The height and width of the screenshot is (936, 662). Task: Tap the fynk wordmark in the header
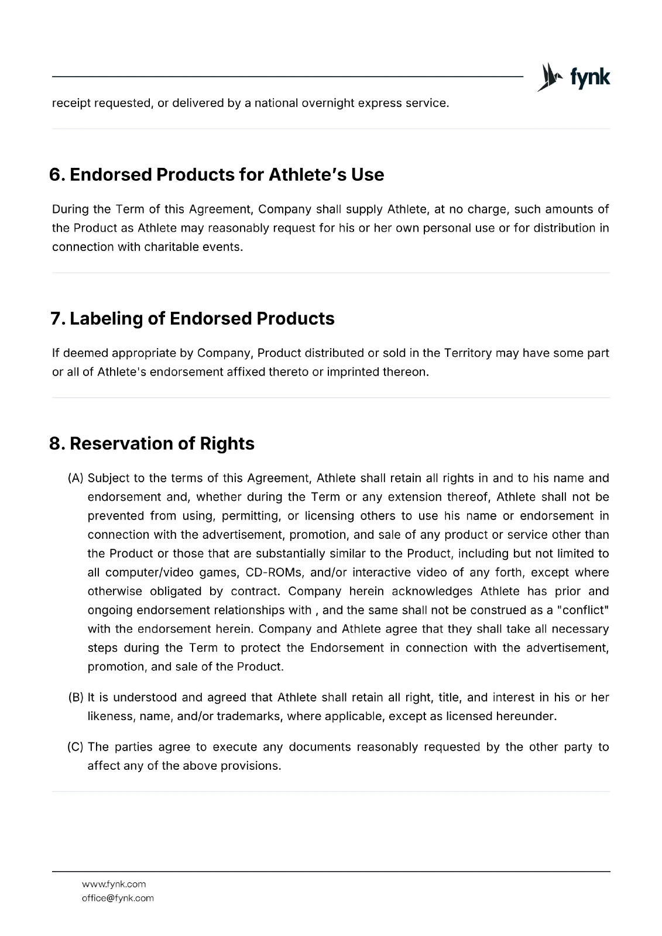click(589, 77)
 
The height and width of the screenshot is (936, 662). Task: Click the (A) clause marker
click(76, 478)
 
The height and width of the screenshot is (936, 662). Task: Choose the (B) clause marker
click(76, 697)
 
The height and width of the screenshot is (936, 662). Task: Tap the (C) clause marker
click(76, 747)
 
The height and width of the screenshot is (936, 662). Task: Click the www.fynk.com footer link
click(114, 884)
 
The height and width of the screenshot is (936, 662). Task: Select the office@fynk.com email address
click(118, 898)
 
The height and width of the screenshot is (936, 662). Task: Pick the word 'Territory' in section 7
click(468, 353)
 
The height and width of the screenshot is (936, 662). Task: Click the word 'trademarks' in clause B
click(249, 716)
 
